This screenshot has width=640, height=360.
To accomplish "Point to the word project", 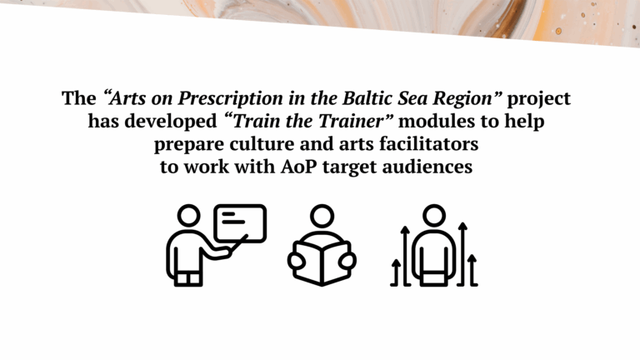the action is [x=539, y=99].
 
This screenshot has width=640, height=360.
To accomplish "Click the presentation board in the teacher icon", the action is [x=240, y=223].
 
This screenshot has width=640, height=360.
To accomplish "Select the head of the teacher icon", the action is [x=189, y=216].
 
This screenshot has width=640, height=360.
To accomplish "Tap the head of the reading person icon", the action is [x=322, y=216].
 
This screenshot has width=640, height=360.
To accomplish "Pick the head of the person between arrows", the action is [x=434, y=216].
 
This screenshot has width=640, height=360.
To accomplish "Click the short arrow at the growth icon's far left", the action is [x=396, y=272].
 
